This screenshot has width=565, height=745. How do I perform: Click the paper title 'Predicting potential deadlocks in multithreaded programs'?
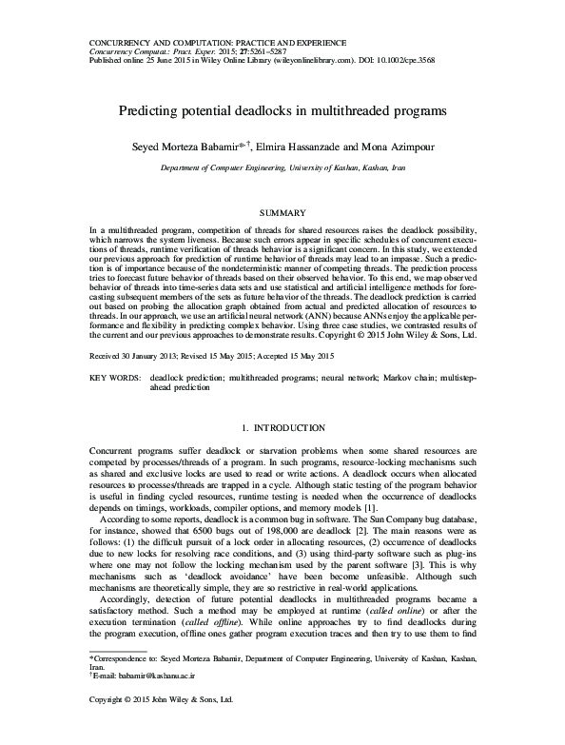pyautogui.click(x=282, y=109)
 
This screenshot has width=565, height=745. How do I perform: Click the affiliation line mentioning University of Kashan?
pyautogui.click(x=282, y=166)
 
